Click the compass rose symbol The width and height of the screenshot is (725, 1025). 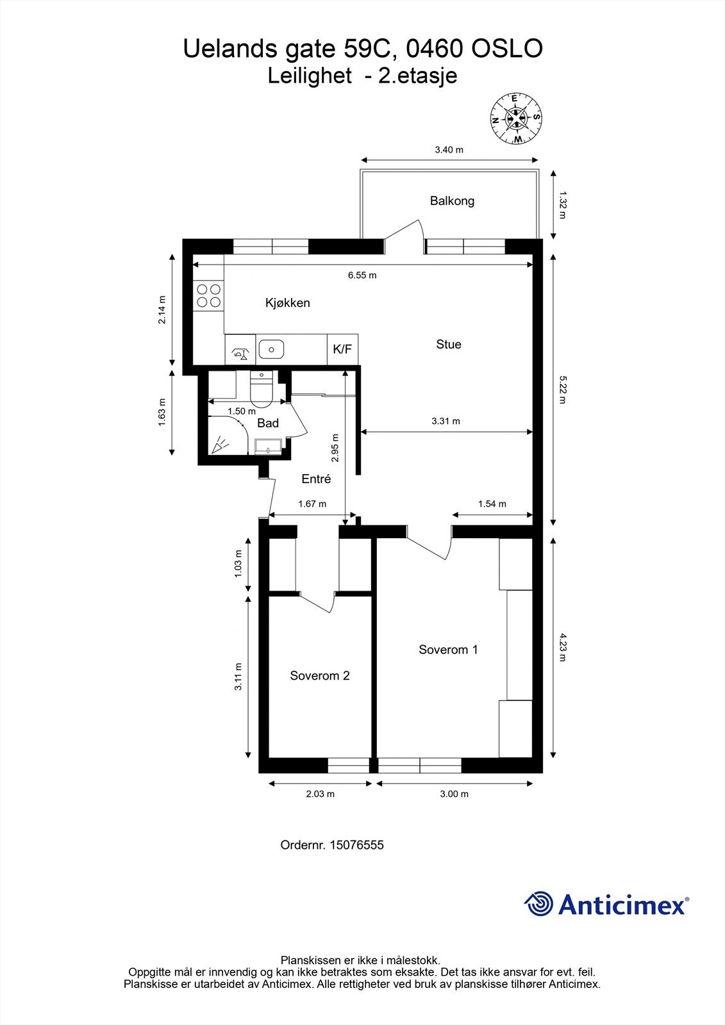click(516, 118)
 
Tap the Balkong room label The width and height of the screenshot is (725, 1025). click(452, 201)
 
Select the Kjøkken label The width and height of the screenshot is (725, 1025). click(288, 303)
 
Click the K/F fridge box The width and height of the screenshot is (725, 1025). click(342, 349)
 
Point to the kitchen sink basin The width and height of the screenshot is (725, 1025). click(271, 350)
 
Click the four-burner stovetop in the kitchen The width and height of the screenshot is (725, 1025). click(208, 295)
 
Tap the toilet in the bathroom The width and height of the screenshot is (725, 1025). click(262, 388)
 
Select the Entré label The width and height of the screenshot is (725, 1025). click(316, 479)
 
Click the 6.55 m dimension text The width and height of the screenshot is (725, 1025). click(362, 275)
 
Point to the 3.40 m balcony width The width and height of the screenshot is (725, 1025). click(449, 150)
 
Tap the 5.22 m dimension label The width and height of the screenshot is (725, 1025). click(562, 389)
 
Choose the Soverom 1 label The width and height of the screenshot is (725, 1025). click(448, 650)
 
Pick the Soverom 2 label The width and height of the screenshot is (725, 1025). click(320, 676)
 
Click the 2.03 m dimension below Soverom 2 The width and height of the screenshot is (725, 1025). click(320, 794)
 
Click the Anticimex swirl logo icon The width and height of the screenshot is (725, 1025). click(538, 903)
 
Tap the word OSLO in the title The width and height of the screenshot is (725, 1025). click(507, 49)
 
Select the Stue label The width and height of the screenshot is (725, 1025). click(448, 345)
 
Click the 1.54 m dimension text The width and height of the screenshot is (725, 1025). click(492, 504)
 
